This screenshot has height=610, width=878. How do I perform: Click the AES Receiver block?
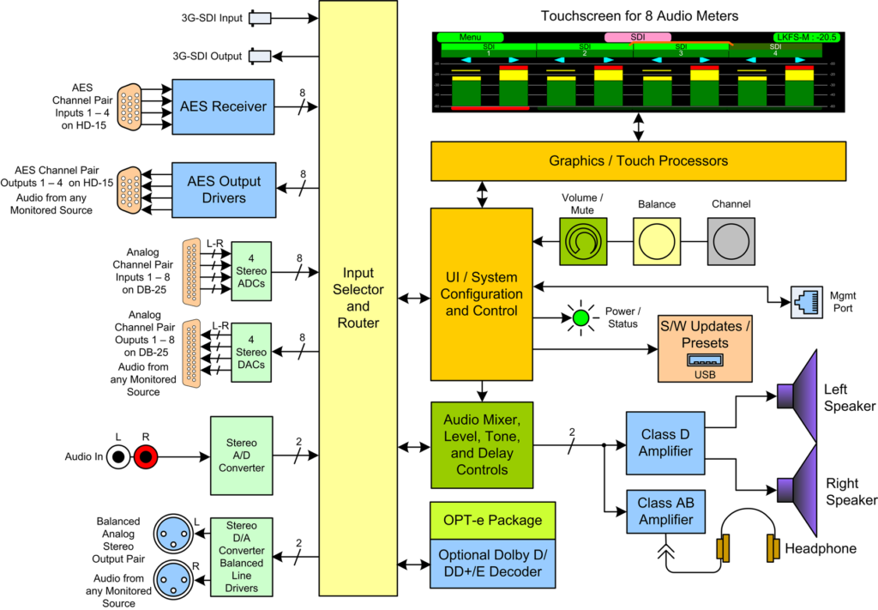coord(223,106)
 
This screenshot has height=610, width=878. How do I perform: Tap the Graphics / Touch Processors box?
coord(638,161)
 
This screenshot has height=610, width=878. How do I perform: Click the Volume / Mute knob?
coord(583,241)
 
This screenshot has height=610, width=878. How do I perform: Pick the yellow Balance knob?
coord(657,241)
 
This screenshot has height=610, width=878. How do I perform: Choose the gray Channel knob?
coord(731,241)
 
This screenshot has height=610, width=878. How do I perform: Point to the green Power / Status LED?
coord(582,317)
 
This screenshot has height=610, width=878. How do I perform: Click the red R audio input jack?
coord(146,458)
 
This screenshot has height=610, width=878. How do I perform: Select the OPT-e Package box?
coord(491,520)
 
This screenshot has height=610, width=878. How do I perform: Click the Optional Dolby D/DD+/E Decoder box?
coord(491,563)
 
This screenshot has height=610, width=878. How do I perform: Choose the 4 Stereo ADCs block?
coord(251,271)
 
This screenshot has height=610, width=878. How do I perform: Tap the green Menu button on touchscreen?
coord(470,37)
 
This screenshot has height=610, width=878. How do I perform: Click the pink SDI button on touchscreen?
coord(637,37)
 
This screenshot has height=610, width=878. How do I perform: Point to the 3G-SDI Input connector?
coord(259,17)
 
